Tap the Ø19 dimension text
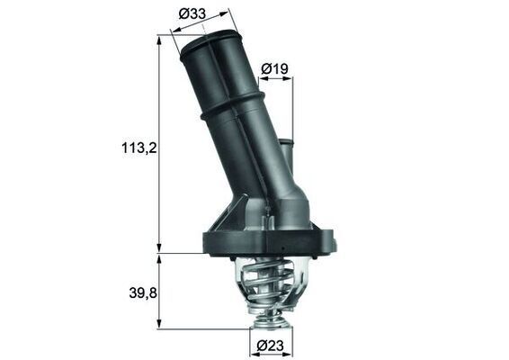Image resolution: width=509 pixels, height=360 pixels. (x=274, y=68)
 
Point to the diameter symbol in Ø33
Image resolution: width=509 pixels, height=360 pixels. (x=183, y=15)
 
